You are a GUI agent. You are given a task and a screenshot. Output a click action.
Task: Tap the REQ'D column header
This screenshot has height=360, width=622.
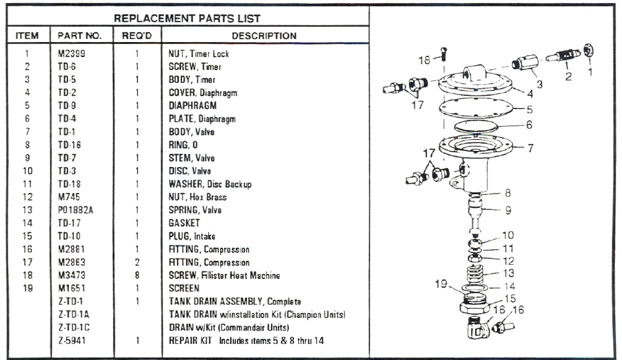[137, 36]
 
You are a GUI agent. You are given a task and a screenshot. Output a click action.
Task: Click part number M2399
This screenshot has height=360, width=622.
[72, 54]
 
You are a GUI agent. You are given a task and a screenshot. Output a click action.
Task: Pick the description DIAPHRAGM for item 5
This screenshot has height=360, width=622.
[192, 106]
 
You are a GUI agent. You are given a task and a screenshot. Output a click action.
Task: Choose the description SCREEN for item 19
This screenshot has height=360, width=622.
[184, 288]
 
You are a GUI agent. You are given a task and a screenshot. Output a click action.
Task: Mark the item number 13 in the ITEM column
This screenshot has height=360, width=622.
[27, 210]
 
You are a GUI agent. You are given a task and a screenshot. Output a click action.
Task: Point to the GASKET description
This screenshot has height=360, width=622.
[185, 223]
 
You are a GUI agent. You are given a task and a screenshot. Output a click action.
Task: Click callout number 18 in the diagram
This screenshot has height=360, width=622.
[424, 60]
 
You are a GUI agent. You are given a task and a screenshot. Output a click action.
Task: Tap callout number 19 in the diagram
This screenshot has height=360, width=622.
[442, 283]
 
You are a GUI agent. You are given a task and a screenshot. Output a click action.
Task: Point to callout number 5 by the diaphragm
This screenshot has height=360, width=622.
[529, 109]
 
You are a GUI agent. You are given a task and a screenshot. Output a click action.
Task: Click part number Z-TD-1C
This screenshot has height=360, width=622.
[74, 327]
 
